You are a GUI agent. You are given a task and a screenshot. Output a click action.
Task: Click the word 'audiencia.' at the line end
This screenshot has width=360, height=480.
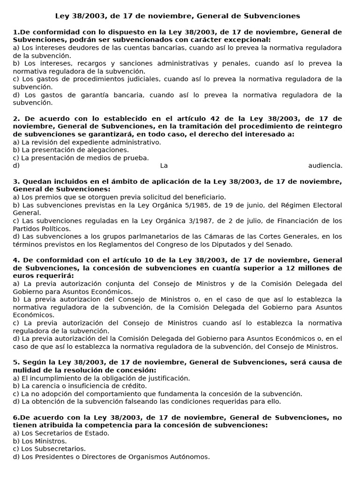pos(325,165)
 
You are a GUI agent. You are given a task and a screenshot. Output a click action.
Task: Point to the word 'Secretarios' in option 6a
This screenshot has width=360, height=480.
pos(55,433)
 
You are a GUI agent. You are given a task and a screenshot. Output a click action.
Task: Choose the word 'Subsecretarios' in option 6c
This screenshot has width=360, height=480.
pos(60,449)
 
